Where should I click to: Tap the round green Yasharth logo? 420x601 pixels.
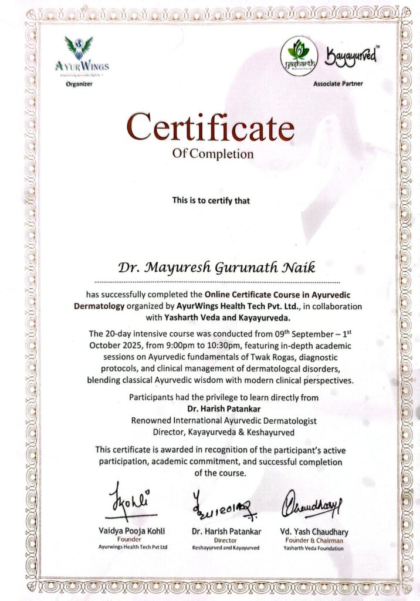tap(299, 55)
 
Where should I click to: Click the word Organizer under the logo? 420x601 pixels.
tap(79, 84)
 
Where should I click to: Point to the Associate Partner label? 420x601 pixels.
tap(338, 84)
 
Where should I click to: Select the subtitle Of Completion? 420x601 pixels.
tap(213, 154)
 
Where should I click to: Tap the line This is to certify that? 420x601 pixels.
tap(211, 201)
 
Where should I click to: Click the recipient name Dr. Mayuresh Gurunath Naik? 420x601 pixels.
tap(216, 268)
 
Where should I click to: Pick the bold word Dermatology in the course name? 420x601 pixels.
tap(99, 306)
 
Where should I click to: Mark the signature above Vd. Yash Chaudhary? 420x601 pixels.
tap(311, 503)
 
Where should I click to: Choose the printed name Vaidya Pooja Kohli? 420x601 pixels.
tap(131, 531)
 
